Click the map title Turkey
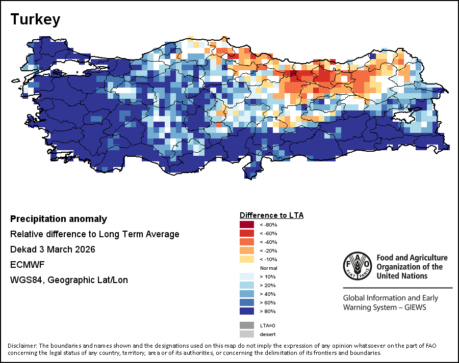point(35,19)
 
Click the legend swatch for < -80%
point(247,225)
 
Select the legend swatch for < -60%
point(247,233)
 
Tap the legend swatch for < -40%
point(247,242)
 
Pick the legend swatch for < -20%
point(247,250)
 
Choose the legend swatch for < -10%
point(247,259)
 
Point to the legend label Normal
point(268,268)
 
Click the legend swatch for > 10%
point(247,276)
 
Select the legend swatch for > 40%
point(247,294)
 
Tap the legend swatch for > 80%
point(247,311)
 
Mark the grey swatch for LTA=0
point(247,325)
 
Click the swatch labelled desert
point(247,334)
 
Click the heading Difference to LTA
point(271,215)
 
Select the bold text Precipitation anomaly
point(59,219)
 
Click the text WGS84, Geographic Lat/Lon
point(69,280)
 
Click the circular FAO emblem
point(357,266)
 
